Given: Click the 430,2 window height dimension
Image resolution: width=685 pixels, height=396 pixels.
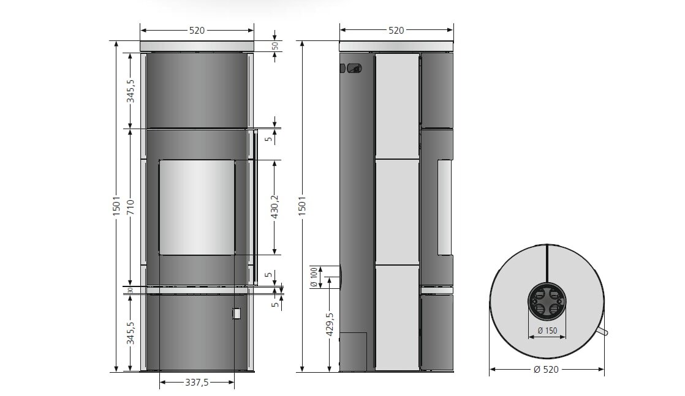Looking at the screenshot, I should (x=275, y=207).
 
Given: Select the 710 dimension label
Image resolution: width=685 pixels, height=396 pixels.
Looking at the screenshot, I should (x=131, y=207).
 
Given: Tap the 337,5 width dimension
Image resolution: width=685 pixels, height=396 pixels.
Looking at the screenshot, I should (x=197, y=383).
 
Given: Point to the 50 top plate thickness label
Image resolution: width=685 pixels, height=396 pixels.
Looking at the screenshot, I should (x=275, y=45).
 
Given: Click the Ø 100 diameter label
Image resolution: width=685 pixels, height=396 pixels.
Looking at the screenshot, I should (x=314, y=277).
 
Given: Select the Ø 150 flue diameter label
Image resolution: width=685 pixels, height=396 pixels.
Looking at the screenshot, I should (x=547, y=331).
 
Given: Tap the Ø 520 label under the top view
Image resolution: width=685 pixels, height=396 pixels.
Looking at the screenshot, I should (x=547, y=369).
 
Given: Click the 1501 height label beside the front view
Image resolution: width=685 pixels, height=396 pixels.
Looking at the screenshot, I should (x=116, y=207).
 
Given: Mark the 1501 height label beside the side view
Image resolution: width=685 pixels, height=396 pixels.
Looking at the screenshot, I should (x=301, y=207).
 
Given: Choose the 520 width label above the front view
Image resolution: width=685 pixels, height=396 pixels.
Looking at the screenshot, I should (x=197, y=30).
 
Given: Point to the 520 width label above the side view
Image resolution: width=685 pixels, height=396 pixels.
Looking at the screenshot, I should (x=396, y=30).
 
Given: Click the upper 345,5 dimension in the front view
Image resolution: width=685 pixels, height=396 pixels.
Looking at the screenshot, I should (x=131, y=91).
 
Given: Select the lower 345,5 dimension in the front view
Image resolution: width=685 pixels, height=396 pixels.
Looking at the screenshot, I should (x=131, y=332).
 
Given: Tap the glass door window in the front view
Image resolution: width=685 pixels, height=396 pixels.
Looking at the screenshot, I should (x=197, y=207).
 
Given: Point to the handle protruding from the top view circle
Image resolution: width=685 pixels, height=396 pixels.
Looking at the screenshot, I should (x=603, y=332).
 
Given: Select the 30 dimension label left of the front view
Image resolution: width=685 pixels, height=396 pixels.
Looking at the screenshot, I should (x=131, y=290).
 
